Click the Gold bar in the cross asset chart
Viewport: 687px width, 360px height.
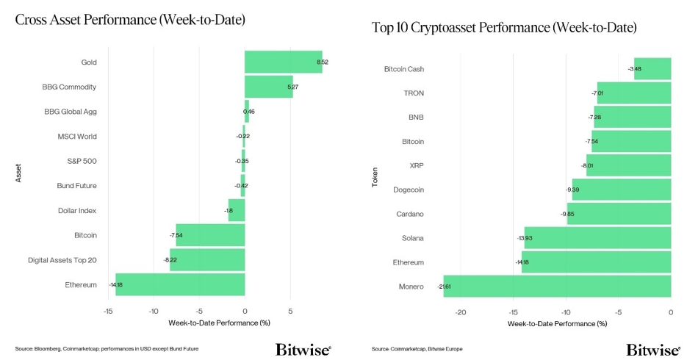(x=283, y=62)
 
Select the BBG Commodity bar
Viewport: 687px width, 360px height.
(x=268, y=87)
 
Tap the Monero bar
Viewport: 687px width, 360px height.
(x=557, y=287)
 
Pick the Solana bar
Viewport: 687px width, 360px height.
(x=597, y=238)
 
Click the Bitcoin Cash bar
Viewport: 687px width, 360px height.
(x=652, y=69)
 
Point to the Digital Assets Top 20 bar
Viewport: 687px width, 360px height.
(x=207, y=260)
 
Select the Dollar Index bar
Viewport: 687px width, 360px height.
(x=236, y=211)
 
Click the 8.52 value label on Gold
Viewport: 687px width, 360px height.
(x=323, y=62)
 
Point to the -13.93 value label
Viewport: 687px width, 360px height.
(x=525, y=238)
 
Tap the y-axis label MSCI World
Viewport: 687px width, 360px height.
(x=77, y=137)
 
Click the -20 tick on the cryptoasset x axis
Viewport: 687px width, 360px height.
(x=461, y=312)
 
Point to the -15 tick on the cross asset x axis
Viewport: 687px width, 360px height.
(x=108, y=312)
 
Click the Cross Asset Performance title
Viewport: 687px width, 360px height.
(x=130, y=20)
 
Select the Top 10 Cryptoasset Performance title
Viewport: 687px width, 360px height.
(x=504, y=28)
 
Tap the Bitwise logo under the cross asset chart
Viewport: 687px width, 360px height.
(x=303, y=349)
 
